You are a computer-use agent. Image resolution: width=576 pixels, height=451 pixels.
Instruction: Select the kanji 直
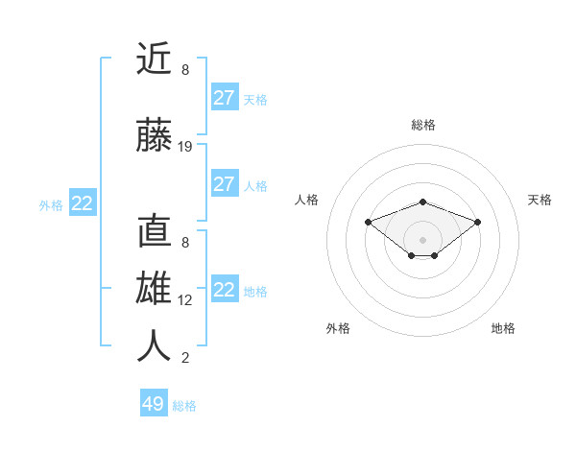click(154, 233)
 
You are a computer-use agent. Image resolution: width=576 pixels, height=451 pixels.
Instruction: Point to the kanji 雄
click(154, 289)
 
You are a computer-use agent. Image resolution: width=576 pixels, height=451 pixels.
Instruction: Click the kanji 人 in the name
click(154, 345)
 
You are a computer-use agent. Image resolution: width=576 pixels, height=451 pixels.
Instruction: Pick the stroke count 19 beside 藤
click(185, 147)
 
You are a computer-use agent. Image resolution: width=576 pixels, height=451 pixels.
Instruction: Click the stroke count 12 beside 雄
click(185, 300)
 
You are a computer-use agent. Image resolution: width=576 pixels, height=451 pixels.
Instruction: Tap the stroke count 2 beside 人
click(185, 358)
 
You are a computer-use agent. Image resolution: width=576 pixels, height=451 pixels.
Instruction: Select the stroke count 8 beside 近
click(185, 70)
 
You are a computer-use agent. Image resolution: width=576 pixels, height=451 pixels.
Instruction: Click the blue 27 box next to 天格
click(225, 98)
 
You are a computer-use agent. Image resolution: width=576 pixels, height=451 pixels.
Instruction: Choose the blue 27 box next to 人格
click(225, 184)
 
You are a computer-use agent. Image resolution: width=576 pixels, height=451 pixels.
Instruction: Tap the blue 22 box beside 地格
click(225, 290)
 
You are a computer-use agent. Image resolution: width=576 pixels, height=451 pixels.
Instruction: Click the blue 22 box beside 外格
click(83, 203)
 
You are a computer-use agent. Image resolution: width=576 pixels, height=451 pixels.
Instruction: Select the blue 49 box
click(154, 404)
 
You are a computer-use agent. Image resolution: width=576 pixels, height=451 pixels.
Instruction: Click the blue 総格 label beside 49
click(185, 406)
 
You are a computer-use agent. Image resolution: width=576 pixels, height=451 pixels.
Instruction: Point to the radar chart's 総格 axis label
click(422, 125)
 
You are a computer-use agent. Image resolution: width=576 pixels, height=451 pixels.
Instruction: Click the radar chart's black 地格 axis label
click(503, 328)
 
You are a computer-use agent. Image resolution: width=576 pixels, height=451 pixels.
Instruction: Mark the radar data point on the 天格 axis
click(477, 222)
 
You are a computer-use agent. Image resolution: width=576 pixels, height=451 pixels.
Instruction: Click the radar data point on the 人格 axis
click(368, 222)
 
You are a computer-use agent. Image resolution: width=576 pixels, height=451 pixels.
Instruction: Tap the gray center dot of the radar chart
click(422, 239)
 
